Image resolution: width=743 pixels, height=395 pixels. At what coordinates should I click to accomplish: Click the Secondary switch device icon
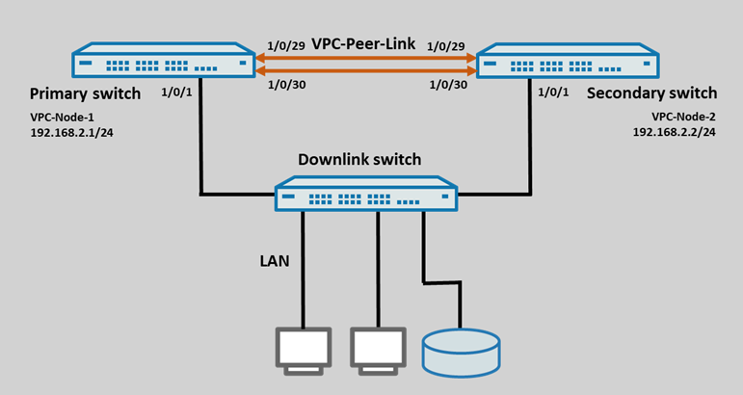[x=569, y=62]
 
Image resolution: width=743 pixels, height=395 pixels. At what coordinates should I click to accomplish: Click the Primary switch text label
[x=85, y=93]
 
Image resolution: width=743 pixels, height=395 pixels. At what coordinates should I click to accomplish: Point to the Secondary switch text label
[x=651, y=93]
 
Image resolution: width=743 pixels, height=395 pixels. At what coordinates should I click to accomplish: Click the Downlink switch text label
[x=359, y=159]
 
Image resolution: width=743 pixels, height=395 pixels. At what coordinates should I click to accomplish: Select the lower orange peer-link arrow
[x=365, y=69]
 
